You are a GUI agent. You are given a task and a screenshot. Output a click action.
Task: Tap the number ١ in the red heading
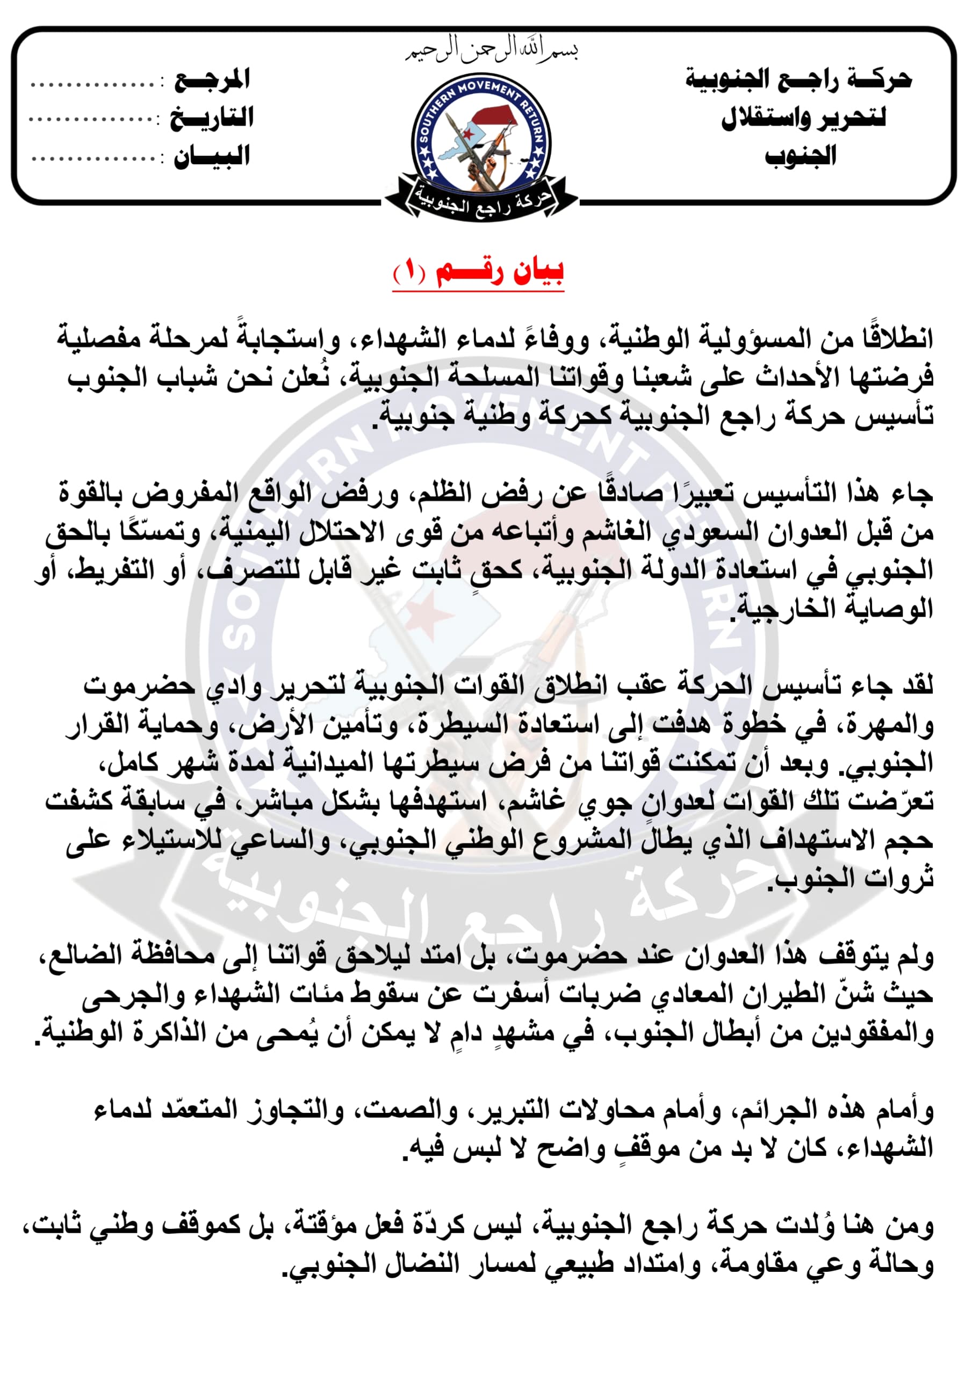click(x=410, y=273)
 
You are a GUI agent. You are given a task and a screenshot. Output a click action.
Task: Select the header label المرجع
click(x=212, y=80)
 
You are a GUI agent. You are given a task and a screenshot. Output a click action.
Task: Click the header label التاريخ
click(x=212, y=118)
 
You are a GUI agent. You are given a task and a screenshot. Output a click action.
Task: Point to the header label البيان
click(x=212, y=157)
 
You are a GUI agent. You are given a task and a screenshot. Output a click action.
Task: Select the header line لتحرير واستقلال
click(x=803, y=118)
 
